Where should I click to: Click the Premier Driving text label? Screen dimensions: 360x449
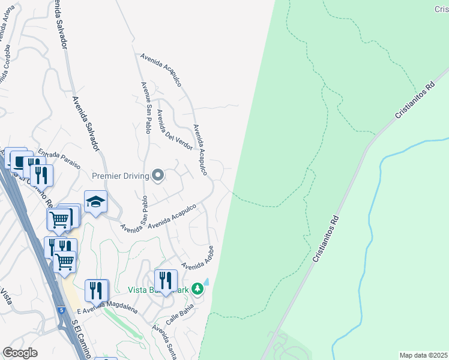tap(121, 176)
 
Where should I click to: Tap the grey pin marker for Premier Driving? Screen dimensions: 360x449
tap(158, 175)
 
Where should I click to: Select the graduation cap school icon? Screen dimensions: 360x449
tap(95, 202)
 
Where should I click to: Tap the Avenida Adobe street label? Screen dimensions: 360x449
tap(198, 259)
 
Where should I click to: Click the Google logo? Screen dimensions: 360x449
tap(20, 353)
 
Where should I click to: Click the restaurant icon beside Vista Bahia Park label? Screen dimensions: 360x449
tap(166, 281)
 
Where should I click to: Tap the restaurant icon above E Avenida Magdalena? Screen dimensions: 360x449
tap(96, 290)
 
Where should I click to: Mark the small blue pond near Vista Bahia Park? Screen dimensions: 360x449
tap(206, 281)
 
